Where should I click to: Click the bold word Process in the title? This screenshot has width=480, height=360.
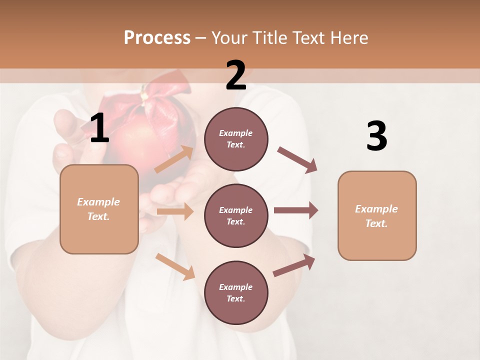point(157,38)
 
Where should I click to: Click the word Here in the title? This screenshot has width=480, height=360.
point(348,38)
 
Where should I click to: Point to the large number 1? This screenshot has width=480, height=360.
point(99,129)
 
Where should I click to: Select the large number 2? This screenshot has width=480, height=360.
point(236,76)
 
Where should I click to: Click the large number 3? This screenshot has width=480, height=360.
point(376,136)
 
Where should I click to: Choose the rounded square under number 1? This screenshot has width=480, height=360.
point(99,209)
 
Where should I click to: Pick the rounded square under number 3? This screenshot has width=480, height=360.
point(377,216)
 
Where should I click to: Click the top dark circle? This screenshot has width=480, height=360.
point(236,139)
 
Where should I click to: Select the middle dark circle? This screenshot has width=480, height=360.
point(236,216)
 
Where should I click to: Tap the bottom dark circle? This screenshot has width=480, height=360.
point(236,293)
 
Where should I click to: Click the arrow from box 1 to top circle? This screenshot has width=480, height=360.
point(174,159)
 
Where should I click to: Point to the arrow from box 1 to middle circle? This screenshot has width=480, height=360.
point(175,212)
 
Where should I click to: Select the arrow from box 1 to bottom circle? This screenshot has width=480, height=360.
point(175,266)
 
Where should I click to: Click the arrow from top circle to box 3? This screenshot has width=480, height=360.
point(297,159)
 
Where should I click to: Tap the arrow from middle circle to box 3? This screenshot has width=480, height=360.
point(296,210)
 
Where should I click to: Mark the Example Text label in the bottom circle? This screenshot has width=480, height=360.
point(236,293)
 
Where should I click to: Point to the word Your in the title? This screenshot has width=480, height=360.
point(230,38)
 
